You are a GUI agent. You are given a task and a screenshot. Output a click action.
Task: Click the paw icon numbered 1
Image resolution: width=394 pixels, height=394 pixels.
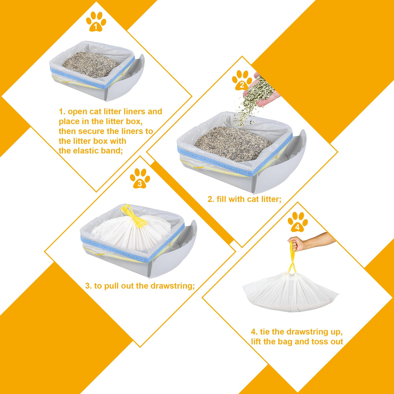pyautogui.click(x=96, y=22)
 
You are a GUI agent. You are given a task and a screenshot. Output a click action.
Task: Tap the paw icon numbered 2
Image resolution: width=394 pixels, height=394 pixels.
pyautogui.click(x=242, y=80)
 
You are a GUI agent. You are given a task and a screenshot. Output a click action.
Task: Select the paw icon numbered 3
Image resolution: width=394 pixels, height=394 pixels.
pyautogui.click(x=140, y=178)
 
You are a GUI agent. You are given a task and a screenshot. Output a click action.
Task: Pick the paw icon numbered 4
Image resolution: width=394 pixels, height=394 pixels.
pyautogui.click(x=297, y=222)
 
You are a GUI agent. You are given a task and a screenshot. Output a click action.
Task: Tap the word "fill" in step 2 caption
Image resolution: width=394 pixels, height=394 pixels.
pyautogui.click(x=221, y=199)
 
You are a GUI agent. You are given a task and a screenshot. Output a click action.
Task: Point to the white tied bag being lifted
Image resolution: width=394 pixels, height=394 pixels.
pyautogui.click(x=291, y=292)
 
